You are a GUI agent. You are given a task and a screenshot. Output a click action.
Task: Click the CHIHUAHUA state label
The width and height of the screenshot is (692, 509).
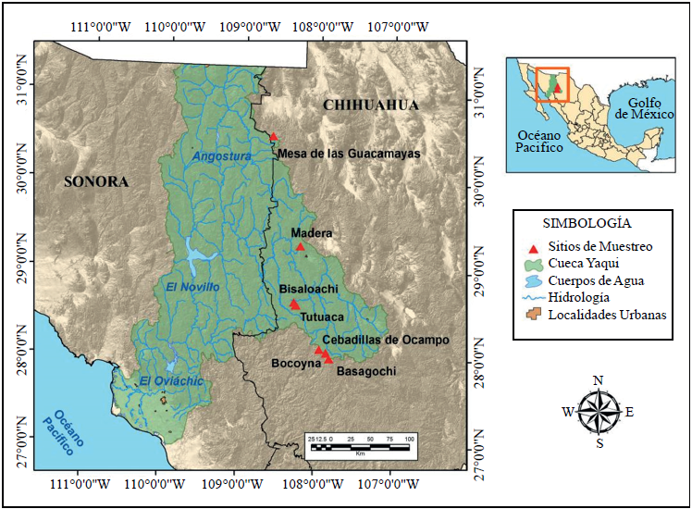370,106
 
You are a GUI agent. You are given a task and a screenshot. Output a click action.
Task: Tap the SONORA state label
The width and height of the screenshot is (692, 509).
95,181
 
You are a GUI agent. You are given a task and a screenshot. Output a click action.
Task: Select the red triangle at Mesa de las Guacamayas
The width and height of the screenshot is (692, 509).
273,136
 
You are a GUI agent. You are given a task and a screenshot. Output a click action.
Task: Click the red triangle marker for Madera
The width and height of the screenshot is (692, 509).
300,246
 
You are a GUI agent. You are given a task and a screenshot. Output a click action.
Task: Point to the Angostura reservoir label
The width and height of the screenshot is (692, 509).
222,156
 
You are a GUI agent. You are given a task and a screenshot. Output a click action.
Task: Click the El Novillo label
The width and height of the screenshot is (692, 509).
192,288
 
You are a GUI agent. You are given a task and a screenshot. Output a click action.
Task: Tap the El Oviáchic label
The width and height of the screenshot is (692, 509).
171,381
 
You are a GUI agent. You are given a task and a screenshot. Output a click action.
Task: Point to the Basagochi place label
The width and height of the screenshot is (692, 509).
366,371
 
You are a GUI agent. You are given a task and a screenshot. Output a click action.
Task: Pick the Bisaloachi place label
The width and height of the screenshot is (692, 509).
309,290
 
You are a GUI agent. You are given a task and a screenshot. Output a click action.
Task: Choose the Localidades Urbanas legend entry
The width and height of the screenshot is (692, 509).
605,315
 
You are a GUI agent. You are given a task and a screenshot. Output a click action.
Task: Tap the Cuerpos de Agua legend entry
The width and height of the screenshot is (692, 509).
596,280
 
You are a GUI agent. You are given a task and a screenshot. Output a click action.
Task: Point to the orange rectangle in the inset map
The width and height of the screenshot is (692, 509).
553,85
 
